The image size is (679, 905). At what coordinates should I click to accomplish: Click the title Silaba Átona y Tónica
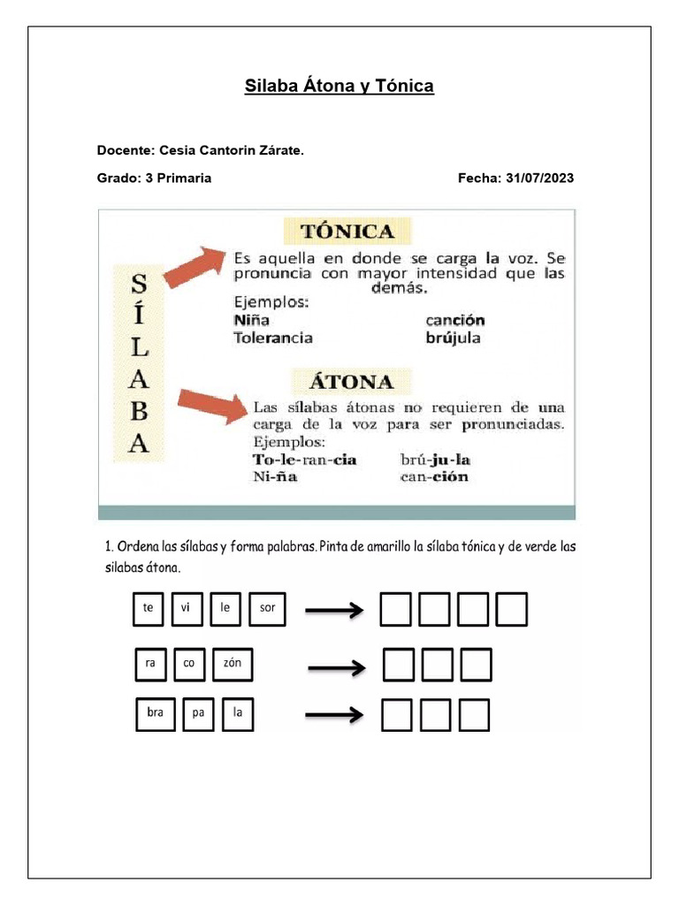tap(339, 87)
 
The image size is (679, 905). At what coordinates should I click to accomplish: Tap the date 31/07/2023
tap(540, 178)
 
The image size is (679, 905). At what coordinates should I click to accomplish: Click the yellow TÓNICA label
tap(347, 232)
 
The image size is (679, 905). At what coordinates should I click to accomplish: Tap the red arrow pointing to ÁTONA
tap(212, 406)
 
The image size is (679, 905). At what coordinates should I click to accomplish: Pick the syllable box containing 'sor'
tap(268, 608)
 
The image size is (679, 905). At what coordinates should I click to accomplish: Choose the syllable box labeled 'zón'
tap(233, 664)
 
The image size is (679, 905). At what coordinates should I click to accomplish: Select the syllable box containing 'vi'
tap(187, 608)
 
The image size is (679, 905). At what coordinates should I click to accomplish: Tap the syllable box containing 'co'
tap(188, 664)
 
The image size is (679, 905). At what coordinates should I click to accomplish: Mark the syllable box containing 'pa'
tap(198, 714)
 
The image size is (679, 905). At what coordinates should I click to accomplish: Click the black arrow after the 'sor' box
tap(334, 609)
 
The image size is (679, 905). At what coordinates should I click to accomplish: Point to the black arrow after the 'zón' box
tap(337, 667)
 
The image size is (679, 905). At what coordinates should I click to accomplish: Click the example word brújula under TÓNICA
tap(454, 337)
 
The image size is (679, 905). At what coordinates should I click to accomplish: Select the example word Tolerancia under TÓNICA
tap(273, 337)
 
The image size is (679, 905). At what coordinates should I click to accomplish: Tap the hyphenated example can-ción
tap(434, 477)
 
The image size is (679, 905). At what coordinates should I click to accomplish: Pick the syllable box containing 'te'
tap(149, 608)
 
